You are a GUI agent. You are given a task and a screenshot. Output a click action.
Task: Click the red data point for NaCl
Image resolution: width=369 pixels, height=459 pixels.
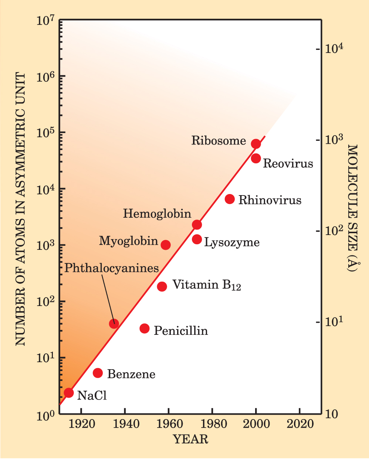point(69,392)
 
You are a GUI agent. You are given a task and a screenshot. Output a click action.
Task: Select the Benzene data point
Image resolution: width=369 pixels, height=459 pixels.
point(98,373)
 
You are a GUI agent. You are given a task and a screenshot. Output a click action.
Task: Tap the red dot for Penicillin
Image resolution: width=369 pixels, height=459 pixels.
point(145,328)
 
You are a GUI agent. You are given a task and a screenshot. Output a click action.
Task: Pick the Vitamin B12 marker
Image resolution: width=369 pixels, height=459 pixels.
point(162,286)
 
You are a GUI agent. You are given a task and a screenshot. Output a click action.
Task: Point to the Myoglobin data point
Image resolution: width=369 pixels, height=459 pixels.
point(166,245)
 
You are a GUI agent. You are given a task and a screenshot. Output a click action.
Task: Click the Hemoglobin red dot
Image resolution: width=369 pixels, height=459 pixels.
point(197,225)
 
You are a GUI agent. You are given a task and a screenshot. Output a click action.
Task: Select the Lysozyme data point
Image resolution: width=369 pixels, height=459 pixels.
point(197,239)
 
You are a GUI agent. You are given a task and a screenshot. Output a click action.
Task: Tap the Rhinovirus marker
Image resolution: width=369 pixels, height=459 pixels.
point(230,199)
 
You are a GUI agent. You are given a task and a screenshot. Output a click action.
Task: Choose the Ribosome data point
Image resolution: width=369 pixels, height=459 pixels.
point(256,144)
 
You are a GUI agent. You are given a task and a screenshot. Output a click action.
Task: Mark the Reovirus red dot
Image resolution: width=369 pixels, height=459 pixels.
point(256,158)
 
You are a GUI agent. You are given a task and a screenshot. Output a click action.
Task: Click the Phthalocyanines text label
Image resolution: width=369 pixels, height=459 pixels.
point(112,268)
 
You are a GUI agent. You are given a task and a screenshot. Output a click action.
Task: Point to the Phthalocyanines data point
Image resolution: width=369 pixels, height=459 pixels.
point(114,323)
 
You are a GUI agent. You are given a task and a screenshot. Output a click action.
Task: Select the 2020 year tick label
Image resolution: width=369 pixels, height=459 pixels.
point(300,424)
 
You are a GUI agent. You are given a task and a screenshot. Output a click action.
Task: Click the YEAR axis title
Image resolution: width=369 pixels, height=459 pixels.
point(190,439)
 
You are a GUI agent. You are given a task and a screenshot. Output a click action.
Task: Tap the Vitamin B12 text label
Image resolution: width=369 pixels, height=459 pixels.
point(207,285)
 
